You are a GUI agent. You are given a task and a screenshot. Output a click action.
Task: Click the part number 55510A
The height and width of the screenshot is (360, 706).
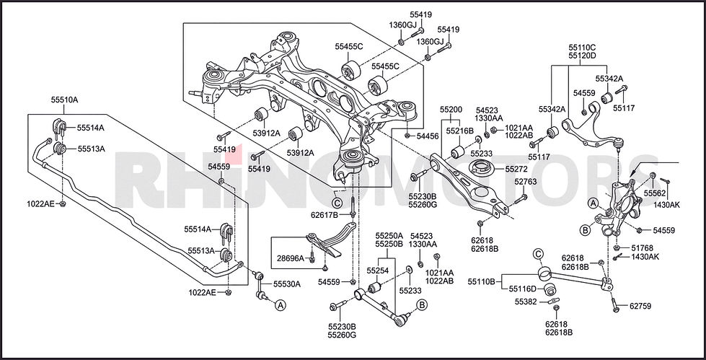pyautogui.click(x=64, y=100)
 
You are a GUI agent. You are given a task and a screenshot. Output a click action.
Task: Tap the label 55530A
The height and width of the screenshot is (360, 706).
pyautogui.click(x=287, y=284)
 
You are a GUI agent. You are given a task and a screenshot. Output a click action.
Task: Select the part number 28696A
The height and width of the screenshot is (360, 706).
pyautogui.click(x=291, y=258)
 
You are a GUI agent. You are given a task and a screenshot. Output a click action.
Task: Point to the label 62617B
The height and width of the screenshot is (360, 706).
pyautogui.click(x=325, y=215)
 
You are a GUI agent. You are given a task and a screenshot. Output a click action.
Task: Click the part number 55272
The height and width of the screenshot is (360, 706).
pyautogui.click(x=516, y=169)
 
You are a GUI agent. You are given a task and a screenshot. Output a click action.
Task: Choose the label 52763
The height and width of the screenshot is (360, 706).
pyautogui.click(x=526, y=182)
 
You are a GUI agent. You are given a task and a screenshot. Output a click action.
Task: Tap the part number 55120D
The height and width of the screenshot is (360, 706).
pyautogui.click(x=582, y=56)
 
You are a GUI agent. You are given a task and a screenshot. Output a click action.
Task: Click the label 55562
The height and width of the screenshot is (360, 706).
pyautogui.click(x=654, y=193)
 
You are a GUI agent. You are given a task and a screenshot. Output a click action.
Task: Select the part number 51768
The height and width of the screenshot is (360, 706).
pyautogui.click(x=642, y=247)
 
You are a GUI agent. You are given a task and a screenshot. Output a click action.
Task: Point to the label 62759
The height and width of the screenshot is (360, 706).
pyautogui.click(x=640, y=307)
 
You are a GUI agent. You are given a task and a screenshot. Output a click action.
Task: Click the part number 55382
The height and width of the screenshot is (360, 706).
pyautogui.click(x=526, y=302)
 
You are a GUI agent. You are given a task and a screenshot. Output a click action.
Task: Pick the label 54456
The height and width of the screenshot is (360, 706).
pyautogui.click(x=428, y=136)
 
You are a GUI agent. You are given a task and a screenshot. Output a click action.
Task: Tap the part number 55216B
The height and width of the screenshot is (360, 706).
pyautogui.click(x=459, y=131)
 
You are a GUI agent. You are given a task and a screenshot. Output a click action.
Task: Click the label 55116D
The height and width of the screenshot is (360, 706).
pyautogui.click(x=523, y=289)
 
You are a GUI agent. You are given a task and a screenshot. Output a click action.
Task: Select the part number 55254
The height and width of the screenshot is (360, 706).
pyautogui.click(x=377, y=271)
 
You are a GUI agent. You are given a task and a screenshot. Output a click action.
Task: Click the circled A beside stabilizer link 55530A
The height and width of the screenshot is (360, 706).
pyautogui.click(x=280, y=306)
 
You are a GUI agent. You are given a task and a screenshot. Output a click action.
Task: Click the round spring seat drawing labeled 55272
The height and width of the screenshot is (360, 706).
pyautogui.click(x=481, y=170)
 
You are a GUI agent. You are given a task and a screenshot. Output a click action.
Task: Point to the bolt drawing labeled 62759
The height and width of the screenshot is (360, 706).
pyautogui.click(x=615, y=304)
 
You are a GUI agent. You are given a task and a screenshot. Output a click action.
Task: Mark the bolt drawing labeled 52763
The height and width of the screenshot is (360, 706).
pyautogui.click(x=520, y=198)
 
